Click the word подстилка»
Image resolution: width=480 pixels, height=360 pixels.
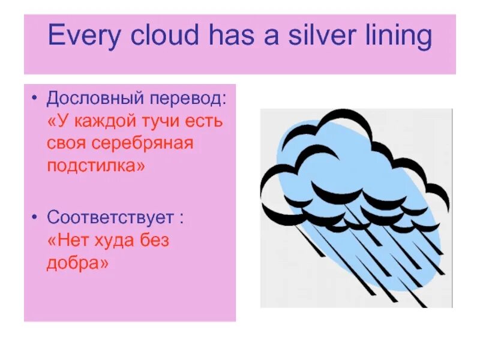[x=96, y=166]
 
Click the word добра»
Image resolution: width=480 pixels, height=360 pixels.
[x=77, y=262]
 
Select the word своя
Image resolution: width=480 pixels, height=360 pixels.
[x=66, y=143]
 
